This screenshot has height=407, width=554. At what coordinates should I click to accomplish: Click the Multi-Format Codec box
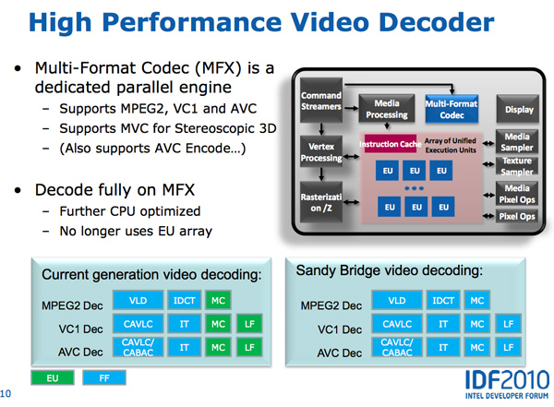[452, 109]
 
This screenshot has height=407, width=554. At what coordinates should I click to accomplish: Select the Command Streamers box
[321, 101]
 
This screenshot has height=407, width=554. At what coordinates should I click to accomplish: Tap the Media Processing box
[387, 109]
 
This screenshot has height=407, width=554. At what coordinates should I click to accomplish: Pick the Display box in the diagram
[518, 109]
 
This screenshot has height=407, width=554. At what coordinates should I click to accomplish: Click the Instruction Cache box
[391, 144]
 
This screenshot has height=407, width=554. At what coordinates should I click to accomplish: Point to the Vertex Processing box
[321, 151]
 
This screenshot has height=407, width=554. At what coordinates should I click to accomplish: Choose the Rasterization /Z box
[321, 202]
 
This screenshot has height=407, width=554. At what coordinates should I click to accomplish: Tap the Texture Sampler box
[517, 166]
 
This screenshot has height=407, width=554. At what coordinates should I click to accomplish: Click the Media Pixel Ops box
[517, 194]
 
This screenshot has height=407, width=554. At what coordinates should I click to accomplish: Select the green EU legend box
[53, 378]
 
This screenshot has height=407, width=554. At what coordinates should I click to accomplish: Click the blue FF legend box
[104, 378]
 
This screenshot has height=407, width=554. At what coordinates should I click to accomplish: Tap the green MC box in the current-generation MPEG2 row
[218, 300]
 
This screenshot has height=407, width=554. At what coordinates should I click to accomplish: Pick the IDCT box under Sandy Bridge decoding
[443, 300]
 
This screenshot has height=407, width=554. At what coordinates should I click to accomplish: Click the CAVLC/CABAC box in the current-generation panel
[138, 347]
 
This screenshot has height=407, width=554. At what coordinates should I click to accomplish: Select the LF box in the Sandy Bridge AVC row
[508, 347]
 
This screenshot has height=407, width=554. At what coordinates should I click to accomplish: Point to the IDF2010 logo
[507, 384]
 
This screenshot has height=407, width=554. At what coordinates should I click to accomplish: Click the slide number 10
[6, 393]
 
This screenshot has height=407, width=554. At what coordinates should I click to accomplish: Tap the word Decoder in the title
[437, 22]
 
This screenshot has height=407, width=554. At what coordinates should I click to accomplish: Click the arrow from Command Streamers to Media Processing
[351, 108]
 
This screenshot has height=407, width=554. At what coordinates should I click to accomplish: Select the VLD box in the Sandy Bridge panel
[397, 300]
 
